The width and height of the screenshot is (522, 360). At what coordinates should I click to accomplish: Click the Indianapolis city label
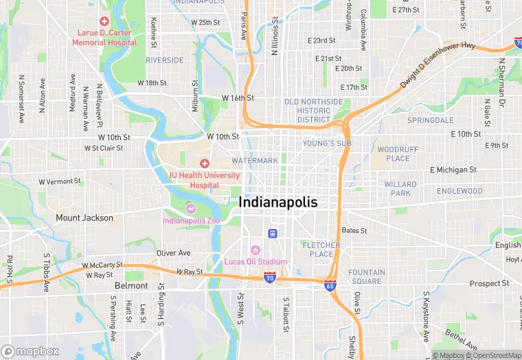278,203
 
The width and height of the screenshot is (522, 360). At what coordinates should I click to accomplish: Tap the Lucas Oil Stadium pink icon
256,249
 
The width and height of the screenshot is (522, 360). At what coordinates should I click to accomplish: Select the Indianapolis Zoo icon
191,209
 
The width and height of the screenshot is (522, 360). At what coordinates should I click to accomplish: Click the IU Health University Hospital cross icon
204,163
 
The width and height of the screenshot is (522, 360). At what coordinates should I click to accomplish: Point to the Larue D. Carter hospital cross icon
104,22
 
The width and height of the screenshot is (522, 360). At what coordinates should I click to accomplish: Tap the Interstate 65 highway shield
330,284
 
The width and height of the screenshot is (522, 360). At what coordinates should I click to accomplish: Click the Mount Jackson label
84,218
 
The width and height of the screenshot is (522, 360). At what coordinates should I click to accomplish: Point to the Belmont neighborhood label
131,285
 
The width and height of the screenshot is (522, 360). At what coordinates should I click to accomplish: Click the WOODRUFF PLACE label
394,154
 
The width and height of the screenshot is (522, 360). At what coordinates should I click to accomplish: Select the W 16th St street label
238,98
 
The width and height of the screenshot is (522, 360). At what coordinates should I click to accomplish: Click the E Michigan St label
453,170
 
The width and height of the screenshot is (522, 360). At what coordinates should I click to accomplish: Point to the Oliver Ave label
173,253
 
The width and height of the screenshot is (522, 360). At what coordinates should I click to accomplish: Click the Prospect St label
489,283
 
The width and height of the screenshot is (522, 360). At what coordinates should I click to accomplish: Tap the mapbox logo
30,351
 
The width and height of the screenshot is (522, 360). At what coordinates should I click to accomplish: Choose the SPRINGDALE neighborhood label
431,120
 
